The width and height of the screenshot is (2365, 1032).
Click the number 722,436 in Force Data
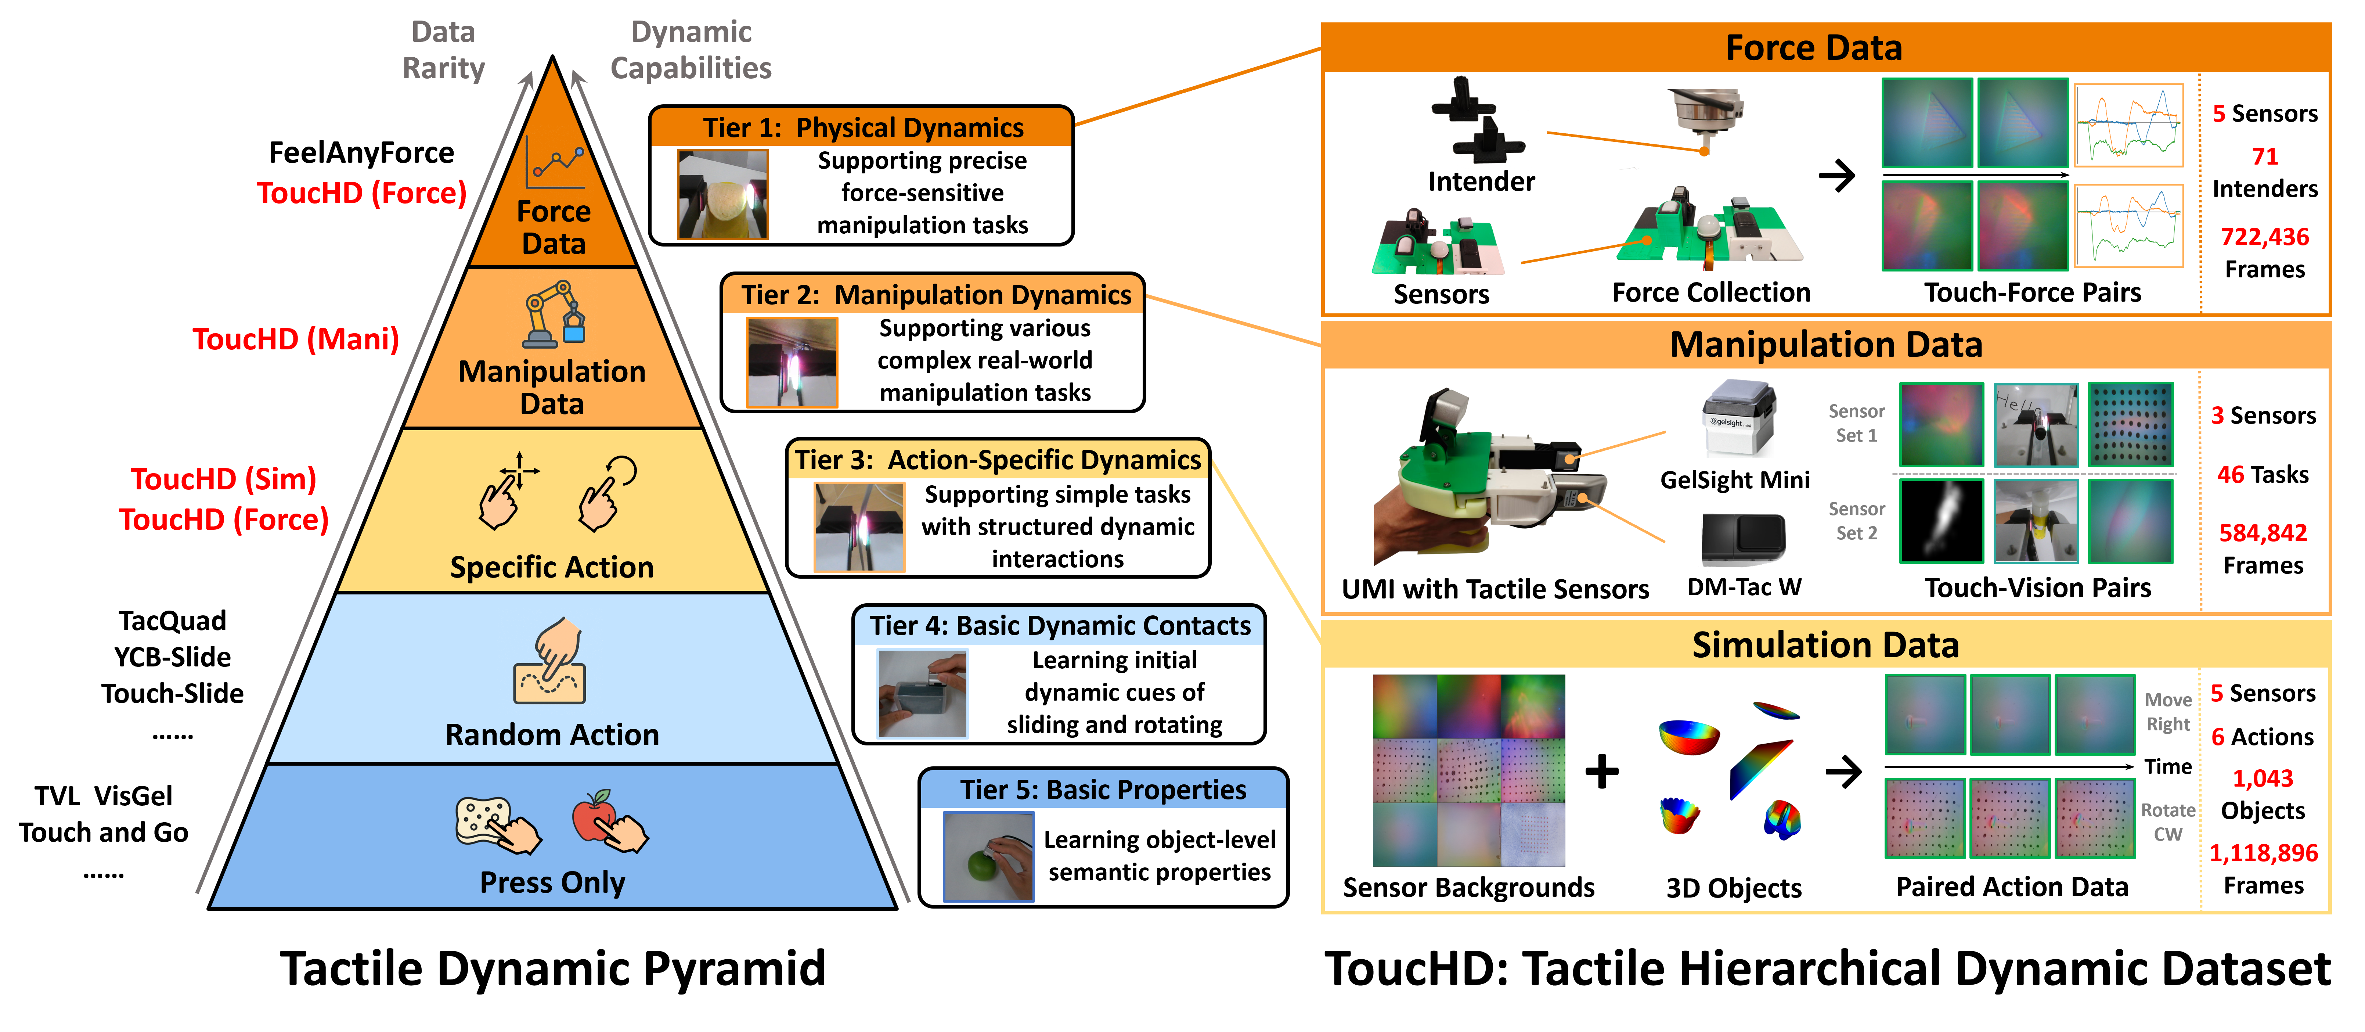tap(2264, 237)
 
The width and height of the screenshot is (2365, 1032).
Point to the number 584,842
tap(2262, 532)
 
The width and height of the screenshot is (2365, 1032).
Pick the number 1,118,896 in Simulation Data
tap(2263, 853)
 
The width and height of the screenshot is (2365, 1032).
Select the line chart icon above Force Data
tap(554, 163)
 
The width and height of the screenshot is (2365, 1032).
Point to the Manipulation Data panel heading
tap(1825, 344)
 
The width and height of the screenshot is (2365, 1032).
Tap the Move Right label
tap(2168, 712)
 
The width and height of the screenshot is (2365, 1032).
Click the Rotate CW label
tap(2168, 822)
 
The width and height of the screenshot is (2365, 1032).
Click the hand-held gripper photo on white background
tap(1493, 476)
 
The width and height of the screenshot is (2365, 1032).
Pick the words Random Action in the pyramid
tap(552, 734)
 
